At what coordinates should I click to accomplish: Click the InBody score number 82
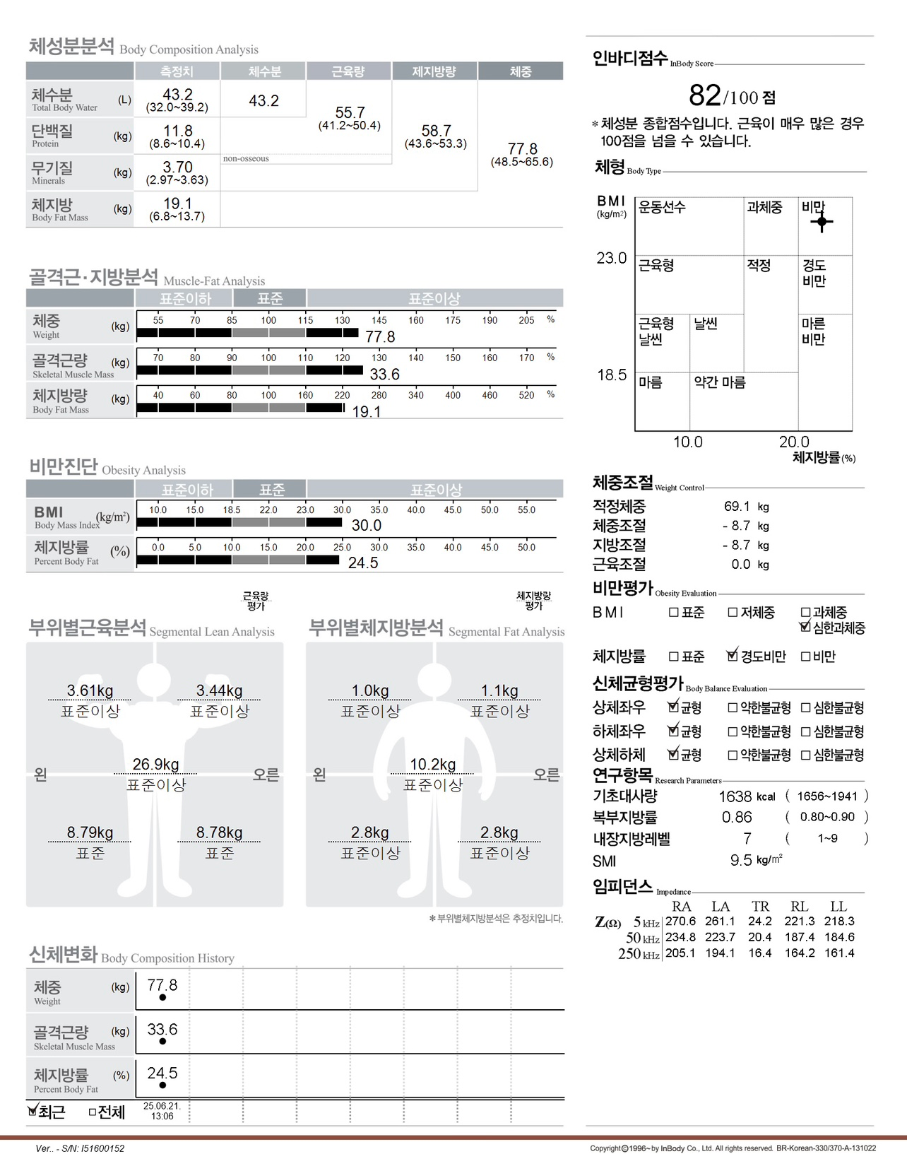pos(704,95)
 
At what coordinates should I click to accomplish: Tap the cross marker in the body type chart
pos(822,222)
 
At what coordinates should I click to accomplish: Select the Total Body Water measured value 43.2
pos(177,95)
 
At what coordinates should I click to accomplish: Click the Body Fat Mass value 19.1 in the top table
pos(177,204)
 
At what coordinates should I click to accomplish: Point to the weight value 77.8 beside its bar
pos(380,337)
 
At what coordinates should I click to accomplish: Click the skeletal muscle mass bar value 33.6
pos(384,375)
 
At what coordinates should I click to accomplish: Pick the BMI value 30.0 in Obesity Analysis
pos(366,526)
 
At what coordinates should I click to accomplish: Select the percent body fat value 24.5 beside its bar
pos(363,563)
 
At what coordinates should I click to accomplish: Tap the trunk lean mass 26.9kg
pos(155,765)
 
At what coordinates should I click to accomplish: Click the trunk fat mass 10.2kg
pos(432,765)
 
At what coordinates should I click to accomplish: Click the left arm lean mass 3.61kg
pos(90,690)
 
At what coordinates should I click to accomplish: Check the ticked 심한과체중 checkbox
pos(805,626)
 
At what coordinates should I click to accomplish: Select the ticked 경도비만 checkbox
pos(733,656)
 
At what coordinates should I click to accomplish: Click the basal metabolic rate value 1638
pos(735,797)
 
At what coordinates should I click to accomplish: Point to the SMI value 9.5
pos(740,861)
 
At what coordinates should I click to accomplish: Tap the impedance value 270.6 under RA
pos(680,922)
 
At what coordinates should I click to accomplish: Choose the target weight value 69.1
pos(737,507)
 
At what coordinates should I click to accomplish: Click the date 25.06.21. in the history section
pos(162,1106)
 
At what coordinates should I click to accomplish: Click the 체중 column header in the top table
pos(520,71)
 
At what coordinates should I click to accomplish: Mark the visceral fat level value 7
pos(747,839)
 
